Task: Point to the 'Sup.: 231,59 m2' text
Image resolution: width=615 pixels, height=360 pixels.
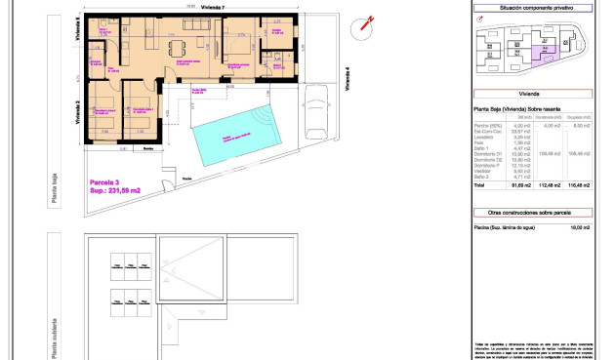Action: pyautogui.click(x=116, y=191)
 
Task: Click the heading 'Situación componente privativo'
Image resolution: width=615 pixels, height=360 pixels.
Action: pyautogui.click(x=533, y=8)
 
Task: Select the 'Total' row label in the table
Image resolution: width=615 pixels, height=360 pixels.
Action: pyautogui.click(x=479, y=184)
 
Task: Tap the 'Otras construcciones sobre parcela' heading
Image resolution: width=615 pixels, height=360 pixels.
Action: pyautogui.click(x=533, y=211)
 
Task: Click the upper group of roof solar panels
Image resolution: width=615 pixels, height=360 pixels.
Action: pyautogui.click(x=124, y=264)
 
